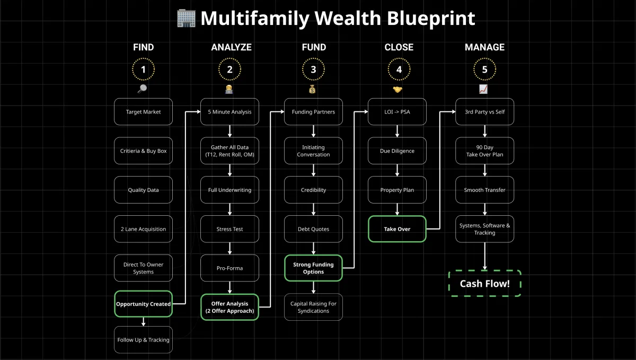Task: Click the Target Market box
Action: [143, 112]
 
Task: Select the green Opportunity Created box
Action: [143, 304]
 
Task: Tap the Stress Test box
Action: [229, 229]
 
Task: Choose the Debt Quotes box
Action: [313, 229]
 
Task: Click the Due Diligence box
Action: [397, 151]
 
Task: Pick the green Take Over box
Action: [397, 229]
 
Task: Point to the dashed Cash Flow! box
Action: [484, 284]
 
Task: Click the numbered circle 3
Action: [313, 69]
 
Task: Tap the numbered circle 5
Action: [484, 69]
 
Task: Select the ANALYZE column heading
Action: [231, 47]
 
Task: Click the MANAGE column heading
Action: [484, 47]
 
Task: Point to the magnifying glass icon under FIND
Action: [142, 89]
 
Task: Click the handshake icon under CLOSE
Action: [397, 89]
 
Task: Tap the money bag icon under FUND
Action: [313, 89]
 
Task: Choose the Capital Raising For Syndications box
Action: [313, 307]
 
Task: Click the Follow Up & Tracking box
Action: [143, 340]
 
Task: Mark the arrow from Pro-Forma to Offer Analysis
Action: [229, 287]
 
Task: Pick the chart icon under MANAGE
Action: [483, 89]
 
